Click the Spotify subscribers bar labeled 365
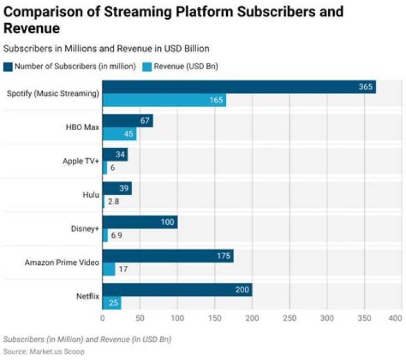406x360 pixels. (x=239, y=87)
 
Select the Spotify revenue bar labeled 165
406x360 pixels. (x=164, y=100)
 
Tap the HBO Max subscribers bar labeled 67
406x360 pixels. (x=127, y=121)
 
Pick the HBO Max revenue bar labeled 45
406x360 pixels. (x=120, y=134)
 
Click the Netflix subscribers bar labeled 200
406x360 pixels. (x=177, y=290)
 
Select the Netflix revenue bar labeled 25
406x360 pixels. (x=112, y=304)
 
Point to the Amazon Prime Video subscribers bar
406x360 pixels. (x=168, y=256)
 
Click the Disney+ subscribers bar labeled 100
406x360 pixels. (x=140, y=222)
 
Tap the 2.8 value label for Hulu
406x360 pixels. (x=114, y=202)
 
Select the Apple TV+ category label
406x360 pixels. (x=81, y=161)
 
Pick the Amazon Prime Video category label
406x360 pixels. (x=62, y=263)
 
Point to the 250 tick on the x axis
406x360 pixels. (x=289, y=318)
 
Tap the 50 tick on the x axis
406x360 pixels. (x=140, y=318)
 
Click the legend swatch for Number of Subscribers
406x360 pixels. (x=8, y=66)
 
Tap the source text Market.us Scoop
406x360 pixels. (x=55, y=351)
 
